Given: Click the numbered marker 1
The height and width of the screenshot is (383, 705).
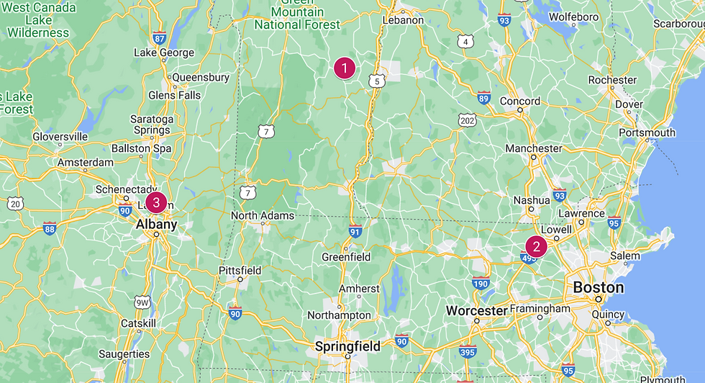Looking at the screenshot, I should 345,68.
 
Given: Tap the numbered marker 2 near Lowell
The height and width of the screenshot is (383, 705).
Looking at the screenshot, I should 536,245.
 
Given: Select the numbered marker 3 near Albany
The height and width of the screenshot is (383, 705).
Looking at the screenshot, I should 156,202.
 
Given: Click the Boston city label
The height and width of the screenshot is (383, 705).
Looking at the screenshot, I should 598,287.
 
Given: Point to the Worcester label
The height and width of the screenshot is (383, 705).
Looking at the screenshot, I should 476,311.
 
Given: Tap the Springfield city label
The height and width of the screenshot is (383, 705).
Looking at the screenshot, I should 347,346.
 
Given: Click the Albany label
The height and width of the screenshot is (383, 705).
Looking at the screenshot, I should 156,225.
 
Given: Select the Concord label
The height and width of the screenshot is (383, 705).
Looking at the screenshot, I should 519,102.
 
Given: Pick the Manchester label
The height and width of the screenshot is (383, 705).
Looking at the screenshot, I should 533,148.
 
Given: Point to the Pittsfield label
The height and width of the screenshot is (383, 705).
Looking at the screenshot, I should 240,270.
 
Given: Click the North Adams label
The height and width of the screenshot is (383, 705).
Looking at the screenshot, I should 262,215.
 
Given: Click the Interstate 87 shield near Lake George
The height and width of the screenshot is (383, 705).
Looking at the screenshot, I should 160,38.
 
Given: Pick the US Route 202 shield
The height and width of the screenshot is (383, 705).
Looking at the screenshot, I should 468,120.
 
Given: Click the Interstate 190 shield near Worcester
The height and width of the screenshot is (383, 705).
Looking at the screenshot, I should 481,284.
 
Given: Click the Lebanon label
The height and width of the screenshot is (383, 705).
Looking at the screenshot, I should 403,20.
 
